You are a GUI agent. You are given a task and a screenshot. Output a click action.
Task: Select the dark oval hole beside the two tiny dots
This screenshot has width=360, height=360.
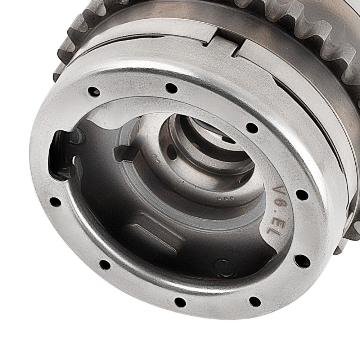click(x=171, y=152)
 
